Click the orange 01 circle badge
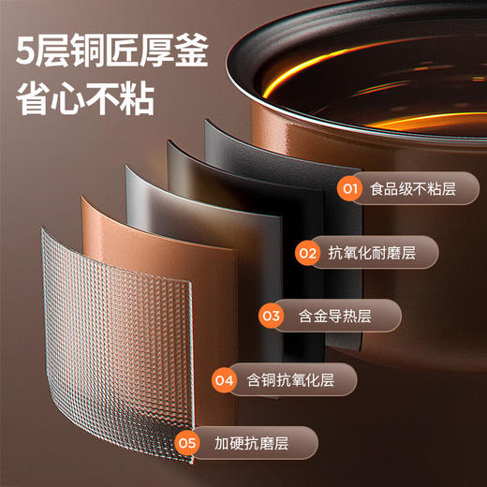tap(350, 189)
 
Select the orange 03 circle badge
tap(272, 316)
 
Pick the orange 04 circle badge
tap(224, 379)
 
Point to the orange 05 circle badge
tap(186, 441)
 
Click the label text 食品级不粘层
tap(413, 189)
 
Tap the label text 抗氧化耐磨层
tap(372, 252)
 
